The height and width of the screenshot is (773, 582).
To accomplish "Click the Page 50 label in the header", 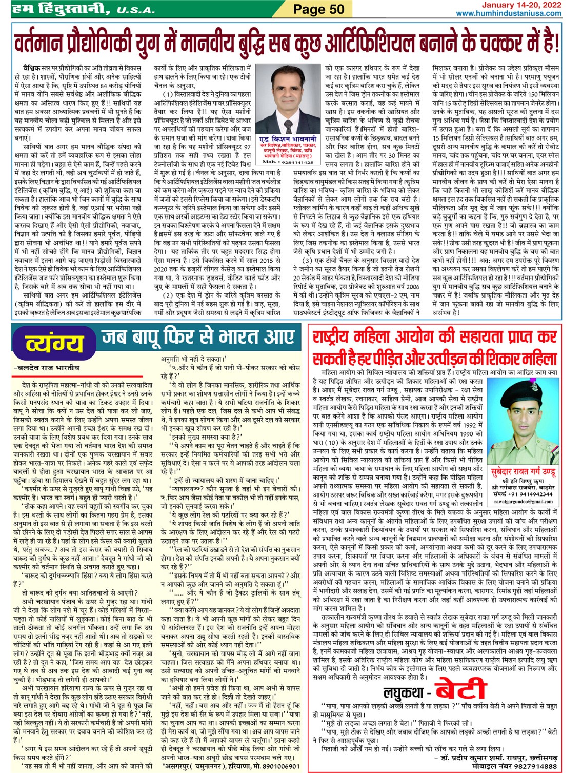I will (318, 9).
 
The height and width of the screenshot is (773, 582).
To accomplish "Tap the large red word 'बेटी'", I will (460, 689).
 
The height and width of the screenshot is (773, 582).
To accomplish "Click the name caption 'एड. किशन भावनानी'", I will (288, 139).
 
